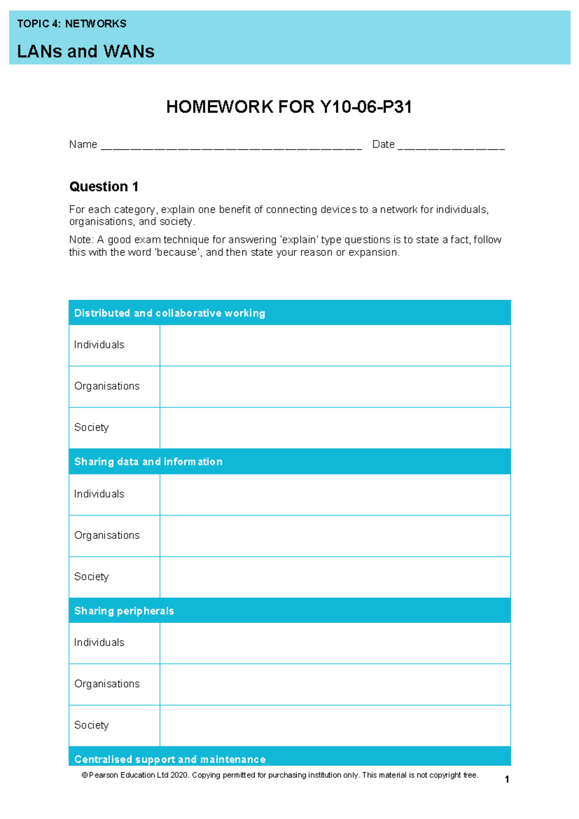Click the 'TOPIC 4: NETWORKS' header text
pos(71,24)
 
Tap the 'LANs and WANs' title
pos(85,51)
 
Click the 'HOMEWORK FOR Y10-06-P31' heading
pos(289,107)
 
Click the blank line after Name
pos(231,146)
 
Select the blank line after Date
pos(451,146)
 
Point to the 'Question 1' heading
pos(104,186)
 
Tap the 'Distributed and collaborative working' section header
pos(169,313)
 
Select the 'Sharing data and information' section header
pos(148,462)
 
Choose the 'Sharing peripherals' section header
pos(124,611)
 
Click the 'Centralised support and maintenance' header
pos(170,759)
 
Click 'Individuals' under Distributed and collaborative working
pos(99,345)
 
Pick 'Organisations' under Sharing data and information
pos(107,535)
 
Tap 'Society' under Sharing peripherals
pos(91,725)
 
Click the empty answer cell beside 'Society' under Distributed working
pos(335,428)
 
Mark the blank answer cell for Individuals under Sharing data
pos(335,494)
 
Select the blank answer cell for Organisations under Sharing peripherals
pos(335,684)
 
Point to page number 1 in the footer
pos(507,779)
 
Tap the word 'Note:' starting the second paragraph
pos(81,240)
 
